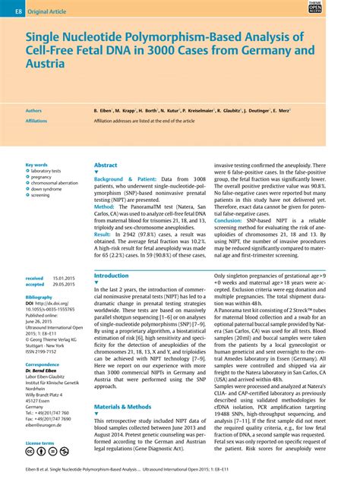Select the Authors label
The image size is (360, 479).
coord(34,110)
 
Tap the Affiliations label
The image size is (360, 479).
coord(36,120)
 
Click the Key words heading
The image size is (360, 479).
coord(36,164)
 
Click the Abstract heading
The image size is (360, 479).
coord(106,165)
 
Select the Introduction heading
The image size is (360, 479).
coord(111,276)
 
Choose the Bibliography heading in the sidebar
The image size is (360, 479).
coord(39,298)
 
